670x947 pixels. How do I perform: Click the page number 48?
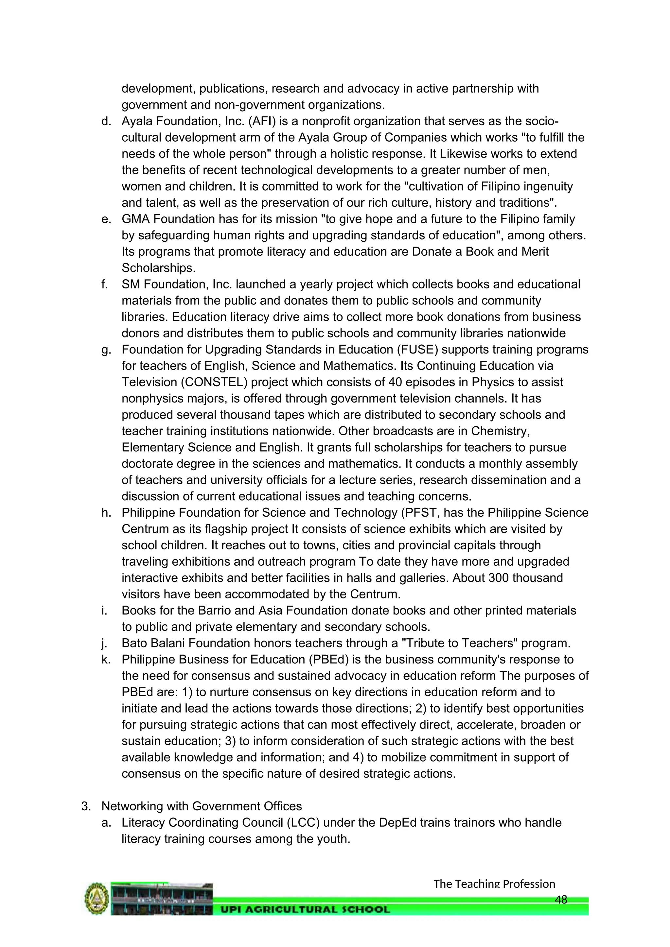point(561,900)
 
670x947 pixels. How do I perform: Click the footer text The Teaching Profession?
point(494,884)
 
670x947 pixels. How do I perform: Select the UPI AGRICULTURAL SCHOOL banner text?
point(305,909)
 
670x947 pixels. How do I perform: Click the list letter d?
point(106,121)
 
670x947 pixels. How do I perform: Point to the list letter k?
point(106,660)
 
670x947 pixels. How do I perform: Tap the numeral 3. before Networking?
point(86,806)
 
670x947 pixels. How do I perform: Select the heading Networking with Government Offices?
point(202,806)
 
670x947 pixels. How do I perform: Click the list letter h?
point(106,513)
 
